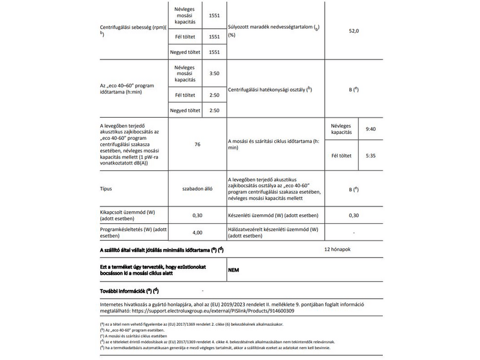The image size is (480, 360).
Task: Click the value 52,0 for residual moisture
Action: pyautogui.click(x=354, y=29)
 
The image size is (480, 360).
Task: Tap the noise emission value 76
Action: pyautogui.click(x=197, y=145)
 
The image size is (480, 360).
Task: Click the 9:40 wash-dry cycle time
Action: pyautogui.click(x=370, y=129)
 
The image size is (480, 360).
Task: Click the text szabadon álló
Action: pyautogui.click(x=197, y=188)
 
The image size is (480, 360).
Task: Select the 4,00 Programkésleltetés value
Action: pyautogui.click(x=197, y=232)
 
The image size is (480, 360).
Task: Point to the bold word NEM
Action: pyautogui.click(x=234, y=270)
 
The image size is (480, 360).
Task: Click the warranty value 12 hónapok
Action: pyautogui.click(x=341, y=248)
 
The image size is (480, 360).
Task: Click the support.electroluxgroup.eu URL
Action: pyautogui.click(x=220, y=312)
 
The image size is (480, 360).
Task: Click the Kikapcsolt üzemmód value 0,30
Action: pyautogui.click(x=197, y=215)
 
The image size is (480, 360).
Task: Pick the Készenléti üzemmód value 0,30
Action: pyautogui.click(x=354, y=215)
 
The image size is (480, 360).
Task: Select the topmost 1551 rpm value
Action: pyautogui.click(x=214, y=16)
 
